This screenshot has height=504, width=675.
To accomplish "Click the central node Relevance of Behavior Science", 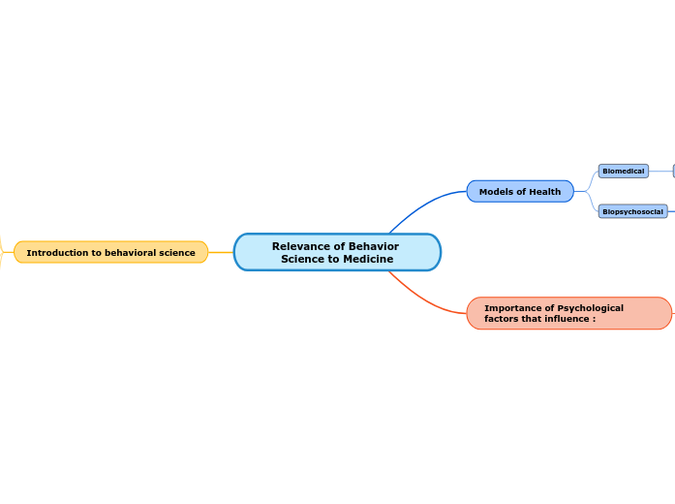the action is tap(337, 252).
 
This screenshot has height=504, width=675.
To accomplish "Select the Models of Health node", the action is tap(520, 192).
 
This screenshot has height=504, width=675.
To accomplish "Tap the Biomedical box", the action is tap(623, 171).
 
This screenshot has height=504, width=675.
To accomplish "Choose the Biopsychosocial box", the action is tap(632, 211).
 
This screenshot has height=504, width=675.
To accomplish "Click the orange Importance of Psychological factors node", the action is tap(568, 313).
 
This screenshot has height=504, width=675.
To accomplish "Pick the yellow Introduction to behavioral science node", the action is tap(110, 253).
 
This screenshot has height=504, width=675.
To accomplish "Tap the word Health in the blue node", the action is tap(544, 192).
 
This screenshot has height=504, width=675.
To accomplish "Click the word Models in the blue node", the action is tap(496, 192).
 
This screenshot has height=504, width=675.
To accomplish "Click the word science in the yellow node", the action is tap(175, 253).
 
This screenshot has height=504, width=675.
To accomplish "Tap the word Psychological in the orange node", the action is tap(590, 308).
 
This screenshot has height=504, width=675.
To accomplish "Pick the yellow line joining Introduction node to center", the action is tap(221, 252).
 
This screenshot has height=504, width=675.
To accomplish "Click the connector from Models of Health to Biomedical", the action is tap(590, 178).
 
